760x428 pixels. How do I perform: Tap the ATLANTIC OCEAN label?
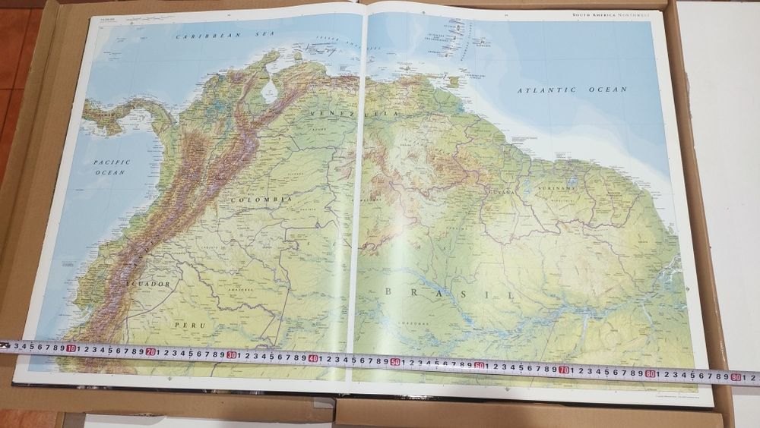point(572,90)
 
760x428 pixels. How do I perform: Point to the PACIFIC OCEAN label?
point(112,167)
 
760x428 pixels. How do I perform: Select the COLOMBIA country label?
point(259,199)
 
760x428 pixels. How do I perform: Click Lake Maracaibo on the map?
point(269,93)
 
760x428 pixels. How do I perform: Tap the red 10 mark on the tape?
point(71,349)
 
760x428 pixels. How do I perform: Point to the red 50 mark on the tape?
point(395,360)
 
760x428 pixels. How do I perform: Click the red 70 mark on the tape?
point(564,369)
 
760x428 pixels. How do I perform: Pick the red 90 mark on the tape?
point(736,376)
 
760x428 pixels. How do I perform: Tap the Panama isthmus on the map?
point(122,118)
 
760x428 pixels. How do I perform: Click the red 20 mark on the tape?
point(151,351)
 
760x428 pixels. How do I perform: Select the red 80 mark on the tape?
point(651,373)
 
